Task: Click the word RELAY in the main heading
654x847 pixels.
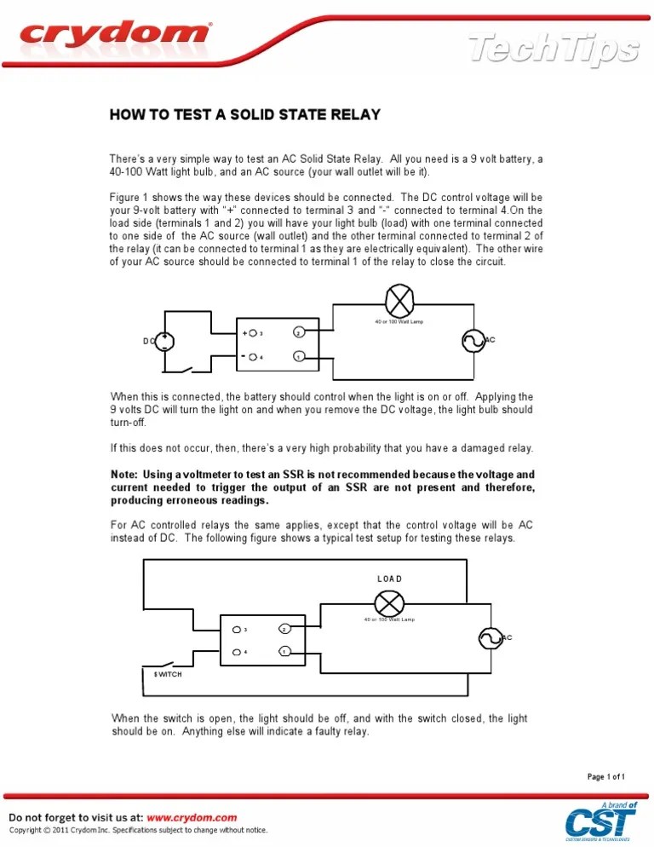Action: [x=350, y=114]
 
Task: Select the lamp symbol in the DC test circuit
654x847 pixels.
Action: [x=399, y=301]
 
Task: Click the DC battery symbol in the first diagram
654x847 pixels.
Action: [x=164, y=341]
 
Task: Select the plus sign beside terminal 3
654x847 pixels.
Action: [x=244, y=333]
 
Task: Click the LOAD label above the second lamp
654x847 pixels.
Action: [x=389, y=579]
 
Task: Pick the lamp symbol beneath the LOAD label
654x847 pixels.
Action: [x=389, y=603]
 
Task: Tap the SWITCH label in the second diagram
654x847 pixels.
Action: [x=168, y=674]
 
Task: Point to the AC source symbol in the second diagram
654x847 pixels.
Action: [x=490, y=637]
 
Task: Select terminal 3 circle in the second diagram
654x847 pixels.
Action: [x=235, y=631]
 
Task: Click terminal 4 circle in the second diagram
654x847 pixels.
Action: [x=235, y=653]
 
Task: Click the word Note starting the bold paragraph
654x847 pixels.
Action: [x=125, y=474]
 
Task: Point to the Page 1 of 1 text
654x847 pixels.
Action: [x=606, y=776]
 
